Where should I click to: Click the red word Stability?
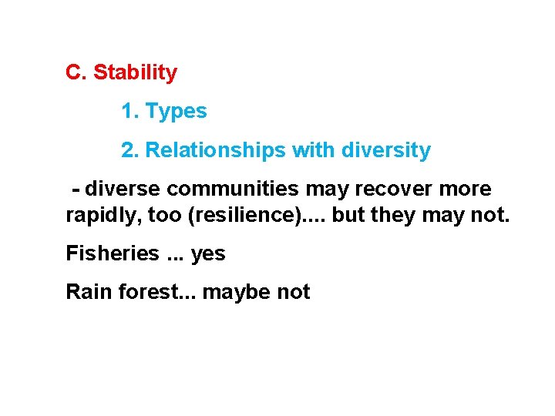click(135, 73)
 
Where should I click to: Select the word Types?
click(177, 112)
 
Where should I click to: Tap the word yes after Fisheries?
click(208, 253)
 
